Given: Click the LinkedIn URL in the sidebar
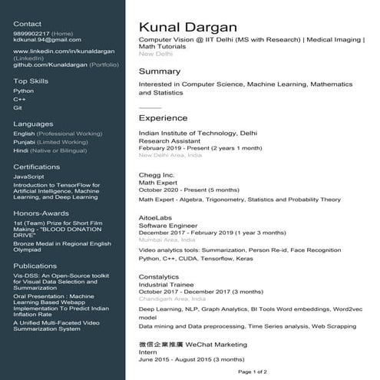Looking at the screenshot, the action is (x=58, y=51).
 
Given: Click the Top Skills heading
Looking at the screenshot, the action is (x=31, y=81).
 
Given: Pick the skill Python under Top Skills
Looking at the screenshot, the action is (x=24, y=91).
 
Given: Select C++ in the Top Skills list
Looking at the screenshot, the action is (x=19, y=100).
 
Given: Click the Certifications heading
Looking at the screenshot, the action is (x=37, y=166).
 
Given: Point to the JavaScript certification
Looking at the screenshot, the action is (x=28, y=177).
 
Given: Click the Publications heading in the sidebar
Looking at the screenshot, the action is (x=35, y=263).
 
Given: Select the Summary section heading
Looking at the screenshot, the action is (x=160, y=71).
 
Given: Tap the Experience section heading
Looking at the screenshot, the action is (x=163, y=118).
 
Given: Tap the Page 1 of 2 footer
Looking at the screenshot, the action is (x=253, y=372).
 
